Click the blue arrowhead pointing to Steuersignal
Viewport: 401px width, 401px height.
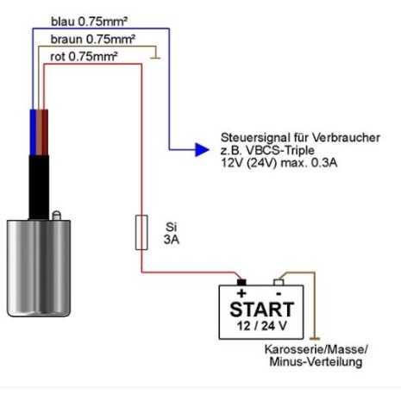[x=202, y=149]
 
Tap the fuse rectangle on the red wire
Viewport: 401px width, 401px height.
[x=141, y=232]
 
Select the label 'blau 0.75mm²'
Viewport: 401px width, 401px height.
[x=89, y=22]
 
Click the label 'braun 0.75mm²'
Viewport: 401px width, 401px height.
[x=93, y=39]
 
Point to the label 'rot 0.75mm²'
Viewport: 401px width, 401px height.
[x=84, y=56]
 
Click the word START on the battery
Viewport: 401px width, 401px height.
[x=262, y=310]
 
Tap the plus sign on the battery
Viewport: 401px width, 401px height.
[x=241, y=293]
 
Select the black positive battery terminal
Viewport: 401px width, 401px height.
[x=241, y=282]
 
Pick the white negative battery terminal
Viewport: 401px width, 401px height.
[x=279, y=282]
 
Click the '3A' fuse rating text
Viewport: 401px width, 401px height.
[x=172, y=240]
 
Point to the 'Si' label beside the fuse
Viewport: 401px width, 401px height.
[x=172, y=227]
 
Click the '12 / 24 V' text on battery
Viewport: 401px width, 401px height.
[x=262, y=326]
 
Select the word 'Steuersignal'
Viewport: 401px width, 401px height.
[x=255, y=138]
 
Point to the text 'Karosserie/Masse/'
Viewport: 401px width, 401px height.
[x=316, y=349]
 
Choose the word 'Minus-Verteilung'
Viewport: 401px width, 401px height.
[x=316, y=361]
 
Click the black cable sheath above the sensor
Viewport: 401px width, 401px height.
[x=39, y=187]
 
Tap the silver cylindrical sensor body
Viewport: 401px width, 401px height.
[x=39, y=268]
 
